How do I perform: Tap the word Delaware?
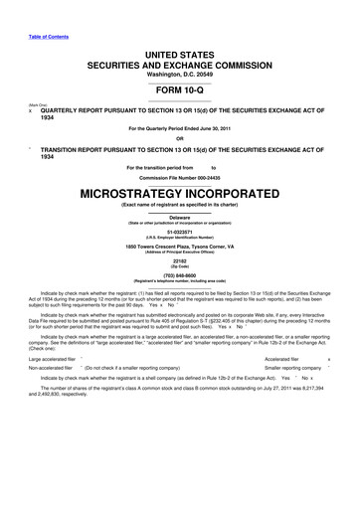click(x=180, y=216)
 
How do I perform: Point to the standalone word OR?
click(x=180, y=138)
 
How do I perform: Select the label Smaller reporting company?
click(x=299, y=369)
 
